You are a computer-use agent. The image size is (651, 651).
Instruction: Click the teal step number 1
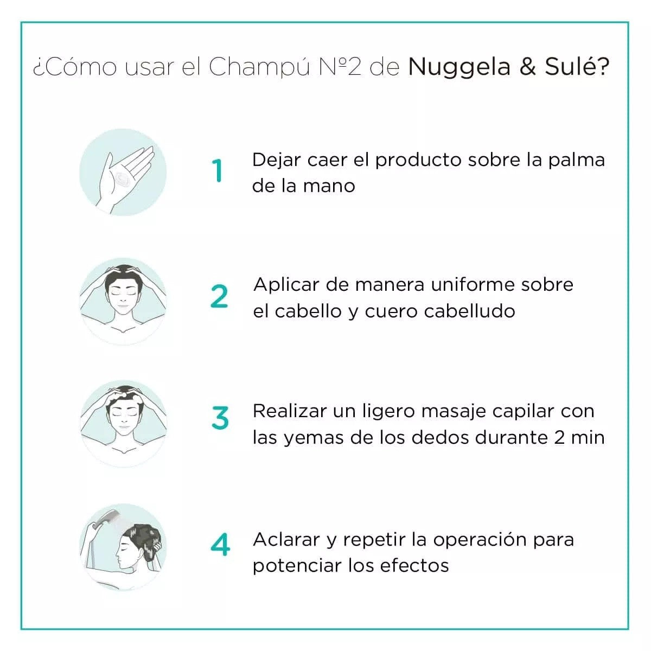(x=218, y=170)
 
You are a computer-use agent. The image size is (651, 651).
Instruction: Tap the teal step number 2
(x=219, y=296)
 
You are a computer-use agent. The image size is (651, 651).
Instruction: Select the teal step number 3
(x=220, y=418)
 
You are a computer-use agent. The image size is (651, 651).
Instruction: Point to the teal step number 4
(x=220, y=544)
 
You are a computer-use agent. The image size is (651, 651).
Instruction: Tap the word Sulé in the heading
(x=577, y=66)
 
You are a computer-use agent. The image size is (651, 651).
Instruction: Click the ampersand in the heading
(x=528, y=66)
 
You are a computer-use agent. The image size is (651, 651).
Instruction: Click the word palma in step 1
(x=576, y=161)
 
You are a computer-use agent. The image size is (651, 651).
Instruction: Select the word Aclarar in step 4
(x=286, y=539)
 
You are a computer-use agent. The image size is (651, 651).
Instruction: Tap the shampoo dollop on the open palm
(x=122, y=178)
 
